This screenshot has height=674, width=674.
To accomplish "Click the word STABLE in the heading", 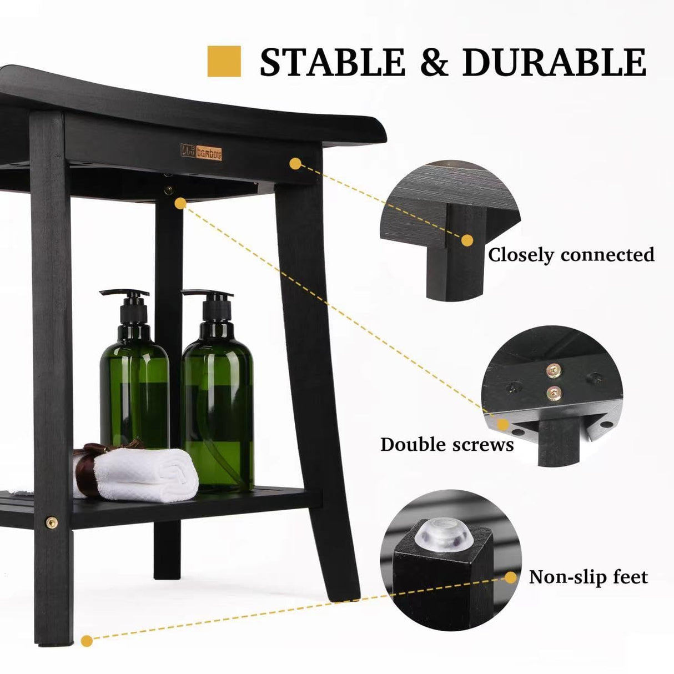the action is [332, 62].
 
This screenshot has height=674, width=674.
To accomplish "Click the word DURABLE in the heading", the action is [554, 62].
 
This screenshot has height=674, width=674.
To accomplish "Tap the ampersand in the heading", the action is [434, 62].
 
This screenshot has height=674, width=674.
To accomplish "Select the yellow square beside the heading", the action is [224, 61].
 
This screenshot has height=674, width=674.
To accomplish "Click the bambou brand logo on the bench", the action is [201, 152].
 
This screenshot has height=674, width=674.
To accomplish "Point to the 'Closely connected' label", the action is [571, 255].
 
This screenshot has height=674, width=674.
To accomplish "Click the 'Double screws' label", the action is [447, 445].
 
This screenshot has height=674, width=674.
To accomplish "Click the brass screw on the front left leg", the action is [52, 522].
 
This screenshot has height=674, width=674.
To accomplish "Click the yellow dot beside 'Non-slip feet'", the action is [511, 578].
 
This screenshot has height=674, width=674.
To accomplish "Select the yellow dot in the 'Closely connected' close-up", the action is [467, 240].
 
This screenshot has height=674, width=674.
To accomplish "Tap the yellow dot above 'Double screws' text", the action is [503, 424].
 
